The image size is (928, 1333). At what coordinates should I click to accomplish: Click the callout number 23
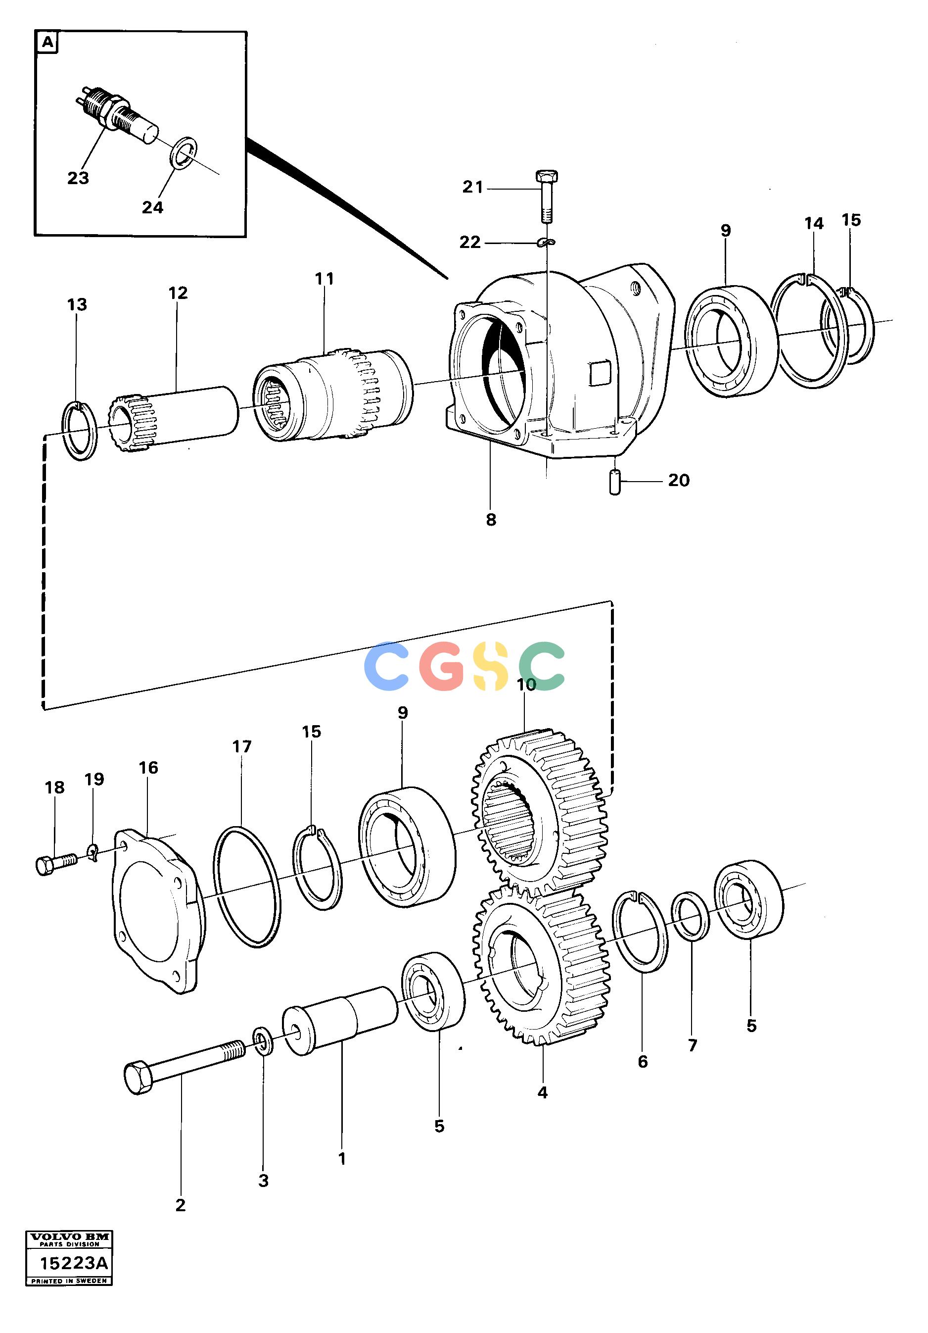click(78, 178)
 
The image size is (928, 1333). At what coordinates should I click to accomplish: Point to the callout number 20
click(679, 480)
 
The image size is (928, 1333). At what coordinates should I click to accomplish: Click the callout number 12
click(178, 293)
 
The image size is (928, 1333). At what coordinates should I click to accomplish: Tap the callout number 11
click(325, 279)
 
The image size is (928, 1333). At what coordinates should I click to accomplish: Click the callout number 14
click(814, 223)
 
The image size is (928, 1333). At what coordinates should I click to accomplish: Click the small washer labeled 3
click(263, 1041)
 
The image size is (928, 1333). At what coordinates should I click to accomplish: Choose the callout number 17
click(242, 746)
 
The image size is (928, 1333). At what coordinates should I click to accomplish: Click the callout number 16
click(148, 768)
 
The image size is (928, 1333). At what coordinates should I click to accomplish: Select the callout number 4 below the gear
click(542, 1092)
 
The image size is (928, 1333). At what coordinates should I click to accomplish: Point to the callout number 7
click(693, 1045)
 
